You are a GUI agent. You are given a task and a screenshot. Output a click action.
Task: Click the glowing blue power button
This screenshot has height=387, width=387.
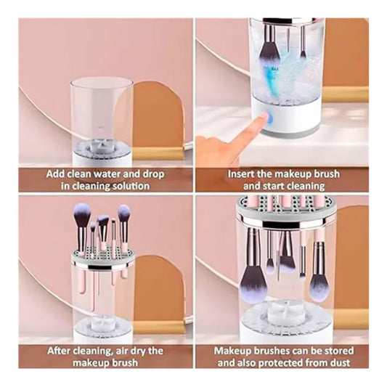tap(270, 119)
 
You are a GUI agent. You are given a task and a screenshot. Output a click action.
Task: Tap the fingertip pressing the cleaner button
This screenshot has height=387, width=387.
tap(264, 116)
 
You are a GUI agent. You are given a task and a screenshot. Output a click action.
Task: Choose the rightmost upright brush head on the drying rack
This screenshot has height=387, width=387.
tap(123, 213)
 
